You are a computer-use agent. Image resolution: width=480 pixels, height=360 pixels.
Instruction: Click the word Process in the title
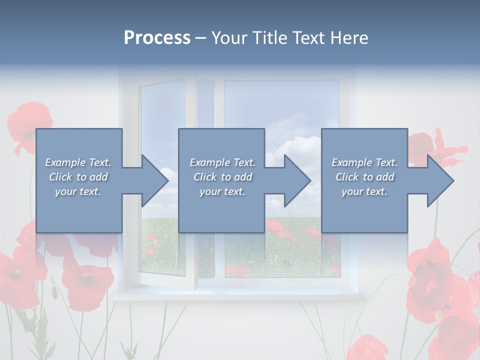point(157,38)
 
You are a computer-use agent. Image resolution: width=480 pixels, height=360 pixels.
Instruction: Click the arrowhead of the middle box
point(296,180)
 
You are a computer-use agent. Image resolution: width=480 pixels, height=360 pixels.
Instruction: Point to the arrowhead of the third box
point(439,180)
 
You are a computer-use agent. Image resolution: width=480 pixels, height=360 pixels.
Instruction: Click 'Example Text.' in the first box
point(78,162)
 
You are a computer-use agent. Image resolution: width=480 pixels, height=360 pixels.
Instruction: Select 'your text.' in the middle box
point(222,191)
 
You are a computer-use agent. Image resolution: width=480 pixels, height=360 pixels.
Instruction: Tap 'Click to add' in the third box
point(364,177)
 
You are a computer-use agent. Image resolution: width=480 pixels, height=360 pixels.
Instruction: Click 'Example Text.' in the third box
point(364,162)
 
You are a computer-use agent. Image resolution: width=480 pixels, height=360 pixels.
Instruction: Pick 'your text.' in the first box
point(78,191)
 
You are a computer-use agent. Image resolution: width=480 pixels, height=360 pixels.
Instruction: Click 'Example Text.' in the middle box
point(222,162)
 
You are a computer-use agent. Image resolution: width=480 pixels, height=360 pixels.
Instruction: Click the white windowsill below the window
point(240,296)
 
